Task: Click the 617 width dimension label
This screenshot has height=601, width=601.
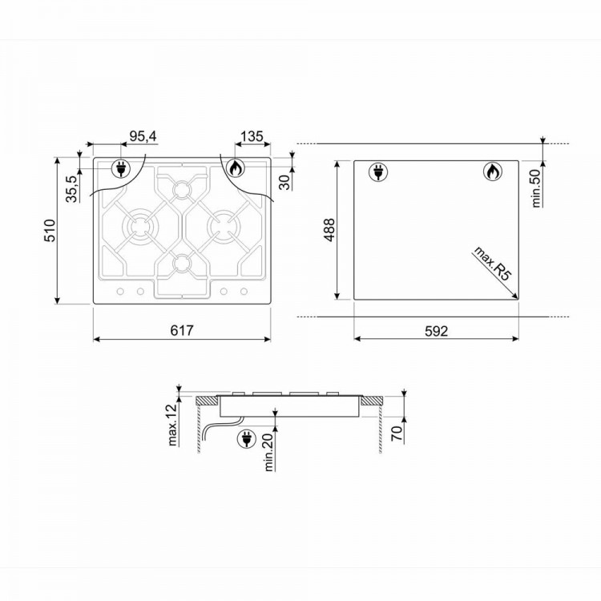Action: point(182,330)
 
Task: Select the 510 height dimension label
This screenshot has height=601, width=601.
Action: point(50,230)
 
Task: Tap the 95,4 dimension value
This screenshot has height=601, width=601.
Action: point(143,136)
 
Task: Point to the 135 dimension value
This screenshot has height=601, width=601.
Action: point(252,136)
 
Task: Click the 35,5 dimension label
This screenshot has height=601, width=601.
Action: point(71,188)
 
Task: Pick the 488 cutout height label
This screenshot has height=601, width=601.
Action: point(329,230)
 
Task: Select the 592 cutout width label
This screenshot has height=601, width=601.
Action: point(436,331)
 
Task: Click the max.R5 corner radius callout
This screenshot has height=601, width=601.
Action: point(493,264)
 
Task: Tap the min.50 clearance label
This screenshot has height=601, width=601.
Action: point(536,188)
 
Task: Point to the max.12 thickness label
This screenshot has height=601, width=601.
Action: point(173,425)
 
